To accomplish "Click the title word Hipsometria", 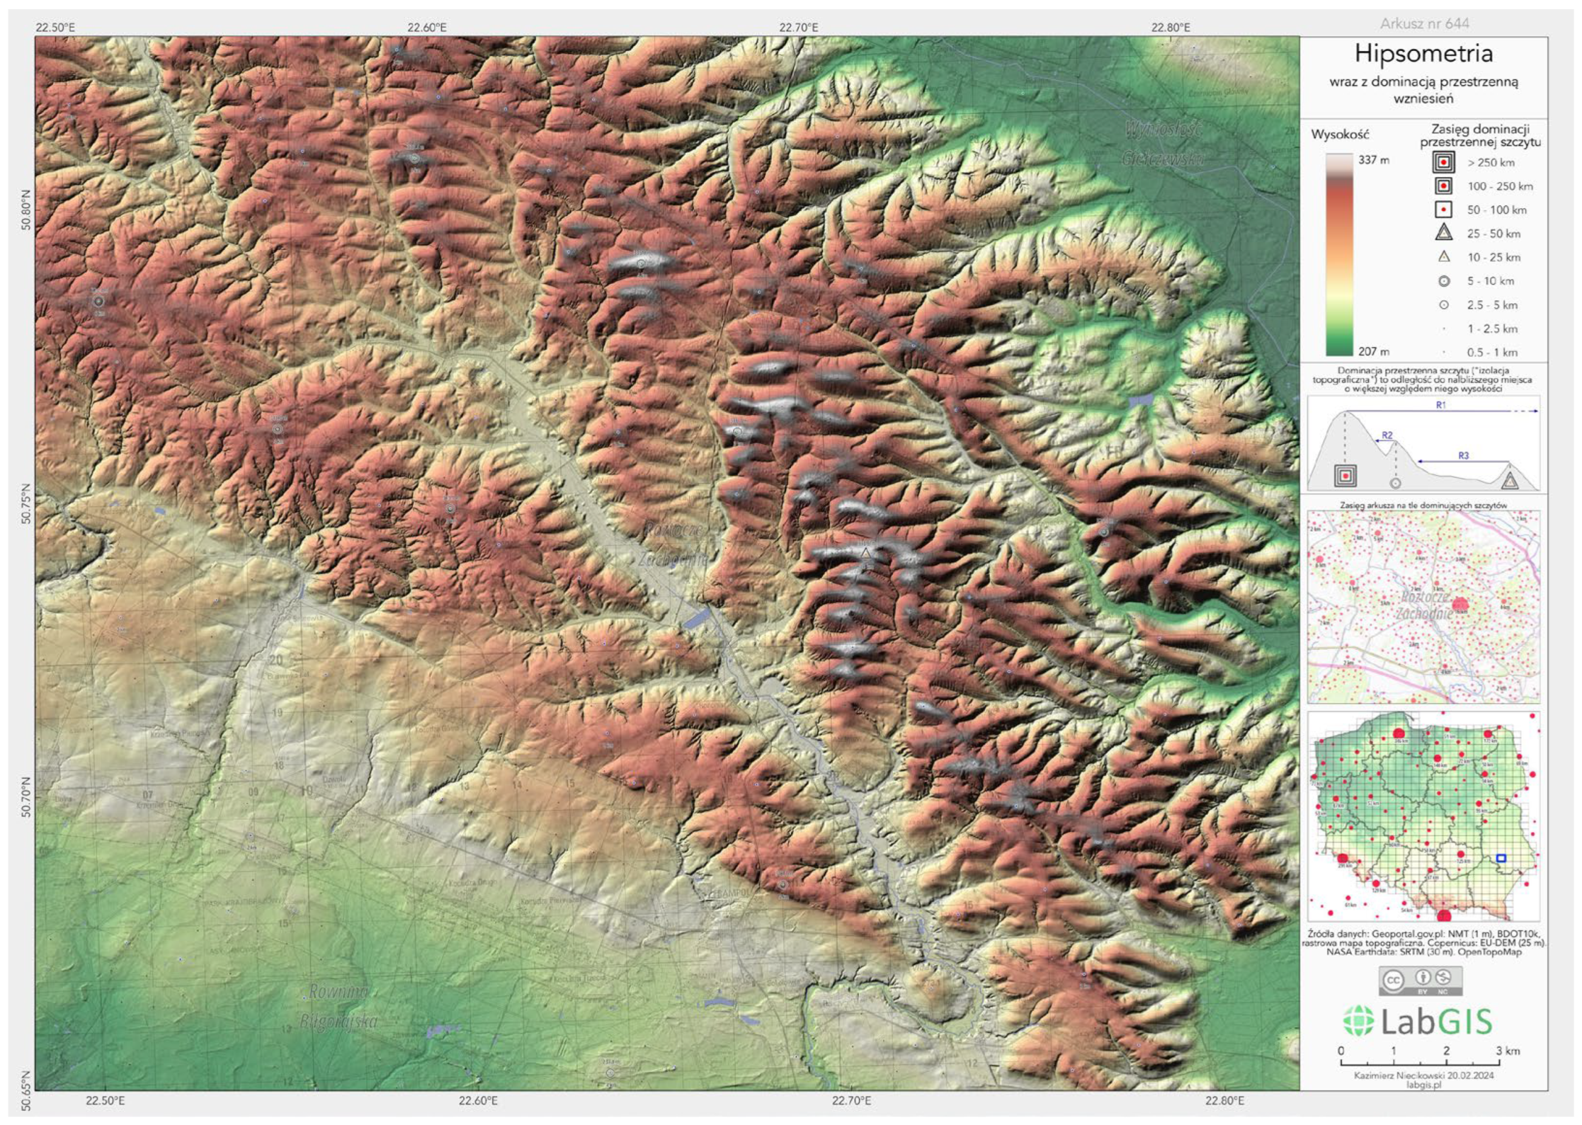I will (x=1423, y=54).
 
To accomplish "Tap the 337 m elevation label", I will (x=1373, y=160).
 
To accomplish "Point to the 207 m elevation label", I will (x=1373, y=351).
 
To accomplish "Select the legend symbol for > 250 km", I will (x=1444, y=163).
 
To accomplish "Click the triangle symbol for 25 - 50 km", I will (x=1444, y=233).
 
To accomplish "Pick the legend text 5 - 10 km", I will (x=1490, y=281).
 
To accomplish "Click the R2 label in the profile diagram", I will (x=1387, y=435).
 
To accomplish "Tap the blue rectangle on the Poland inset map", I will (x=1501, y=858).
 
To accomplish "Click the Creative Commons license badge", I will (x=1421, y=981).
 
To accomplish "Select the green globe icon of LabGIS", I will (x=1358, y=1021).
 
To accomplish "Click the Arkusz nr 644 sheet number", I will (x=1424, y=24).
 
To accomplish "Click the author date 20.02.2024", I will (x=1464, y=1076).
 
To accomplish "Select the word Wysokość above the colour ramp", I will (x=1340, y=135).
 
